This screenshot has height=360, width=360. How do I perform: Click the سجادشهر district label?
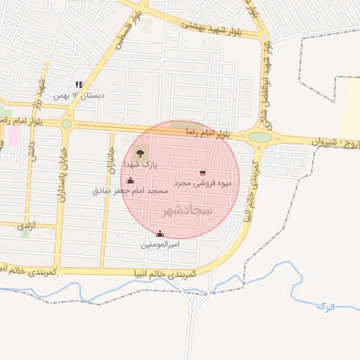(x=186, y=210)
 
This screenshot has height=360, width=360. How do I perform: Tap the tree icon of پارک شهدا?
(x=141, y=152)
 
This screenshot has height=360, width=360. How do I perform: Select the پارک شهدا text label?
(x=141, y=164)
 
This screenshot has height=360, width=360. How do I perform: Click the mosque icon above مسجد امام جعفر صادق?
(x=130, y=181)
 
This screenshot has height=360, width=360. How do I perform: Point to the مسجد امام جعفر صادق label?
(x=130, y=191)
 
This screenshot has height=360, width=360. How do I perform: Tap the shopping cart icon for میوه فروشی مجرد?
(x=202, y=172)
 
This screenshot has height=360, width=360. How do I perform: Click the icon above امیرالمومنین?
(x=160, y=234)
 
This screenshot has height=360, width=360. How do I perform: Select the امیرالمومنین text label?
(x=160, y=244)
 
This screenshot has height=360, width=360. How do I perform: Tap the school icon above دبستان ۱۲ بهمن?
(x=79, y=84)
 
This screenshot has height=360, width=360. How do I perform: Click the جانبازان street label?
(x=110, y=160)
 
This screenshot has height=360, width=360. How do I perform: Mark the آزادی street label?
(x=26, y=226)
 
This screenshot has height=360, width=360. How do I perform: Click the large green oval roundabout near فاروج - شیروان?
(x=259, y=136)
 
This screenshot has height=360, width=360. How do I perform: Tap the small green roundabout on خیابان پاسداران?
(x=66, y=124)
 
